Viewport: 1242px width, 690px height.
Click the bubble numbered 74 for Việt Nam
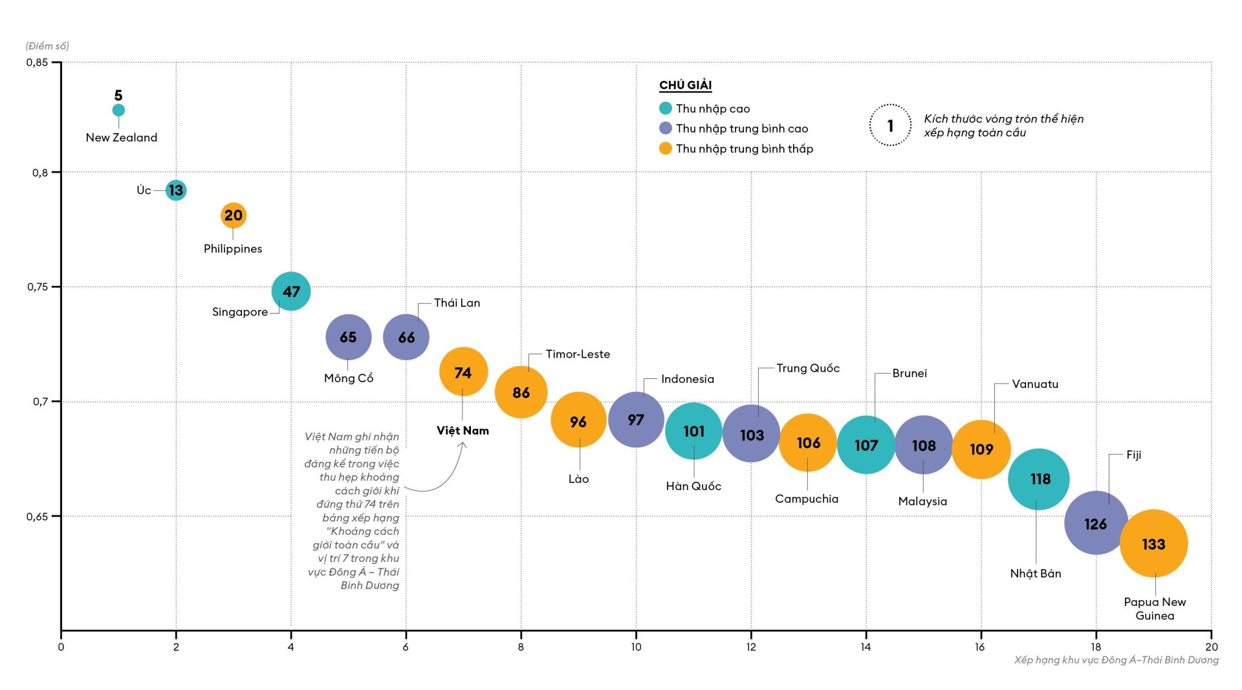pos(463,372)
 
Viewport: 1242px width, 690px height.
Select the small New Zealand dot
pos(118,110)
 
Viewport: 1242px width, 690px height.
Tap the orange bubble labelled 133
pos(1153,544)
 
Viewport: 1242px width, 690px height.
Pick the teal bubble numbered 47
pos(291,292)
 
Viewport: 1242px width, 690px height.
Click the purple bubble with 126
pos(1096,523)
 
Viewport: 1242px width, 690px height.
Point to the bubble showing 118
pos(1039,479)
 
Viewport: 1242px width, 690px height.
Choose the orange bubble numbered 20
pos(233,215)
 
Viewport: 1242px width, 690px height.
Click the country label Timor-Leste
pos(578,354)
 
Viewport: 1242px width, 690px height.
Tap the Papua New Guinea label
pos(1155,609)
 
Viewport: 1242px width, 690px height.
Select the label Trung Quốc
pos(808,369)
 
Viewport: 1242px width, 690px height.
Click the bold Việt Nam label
pos(463,431)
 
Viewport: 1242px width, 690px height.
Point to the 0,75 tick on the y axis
pos(38,287)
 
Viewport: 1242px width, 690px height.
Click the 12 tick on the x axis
pos(751,647)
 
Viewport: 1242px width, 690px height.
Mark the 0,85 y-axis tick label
pos(37,63)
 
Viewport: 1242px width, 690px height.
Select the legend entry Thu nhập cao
pos(713,109)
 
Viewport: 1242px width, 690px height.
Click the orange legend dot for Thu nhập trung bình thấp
pos(666,149)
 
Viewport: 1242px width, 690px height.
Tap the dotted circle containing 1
pos(890,125)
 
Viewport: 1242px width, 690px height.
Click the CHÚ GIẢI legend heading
pos(685,85)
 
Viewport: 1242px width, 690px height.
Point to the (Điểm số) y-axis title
pos(47,46)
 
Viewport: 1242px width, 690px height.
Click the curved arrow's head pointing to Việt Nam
pos(463,445)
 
